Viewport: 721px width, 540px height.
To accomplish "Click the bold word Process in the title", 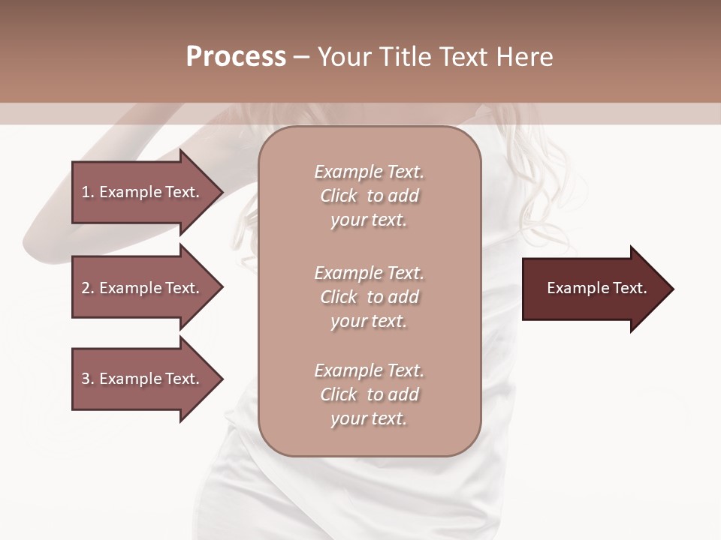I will (x=236, y=57).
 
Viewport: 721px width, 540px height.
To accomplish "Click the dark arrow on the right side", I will (x=593, y=289).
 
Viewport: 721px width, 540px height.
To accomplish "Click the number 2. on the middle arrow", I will (x=87, y=288).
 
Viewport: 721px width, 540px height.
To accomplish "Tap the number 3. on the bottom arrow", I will (x=87, y=379).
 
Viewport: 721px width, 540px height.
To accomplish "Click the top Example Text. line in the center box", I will (x=369, y=172).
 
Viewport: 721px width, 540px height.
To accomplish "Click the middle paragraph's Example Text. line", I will (x=369, y=272).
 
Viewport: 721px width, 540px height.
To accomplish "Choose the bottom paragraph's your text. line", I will (x=369, y=419).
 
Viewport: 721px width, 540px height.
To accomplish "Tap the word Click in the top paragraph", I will (x=339, y=196).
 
